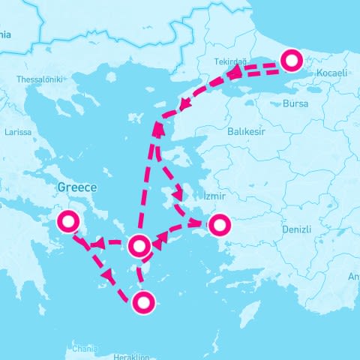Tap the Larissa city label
18,131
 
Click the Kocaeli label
331,73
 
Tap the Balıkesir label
247,130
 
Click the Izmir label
214,196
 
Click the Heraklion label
134,357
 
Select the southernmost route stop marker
144,302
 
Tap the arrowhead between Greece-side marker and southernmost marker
109,275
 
